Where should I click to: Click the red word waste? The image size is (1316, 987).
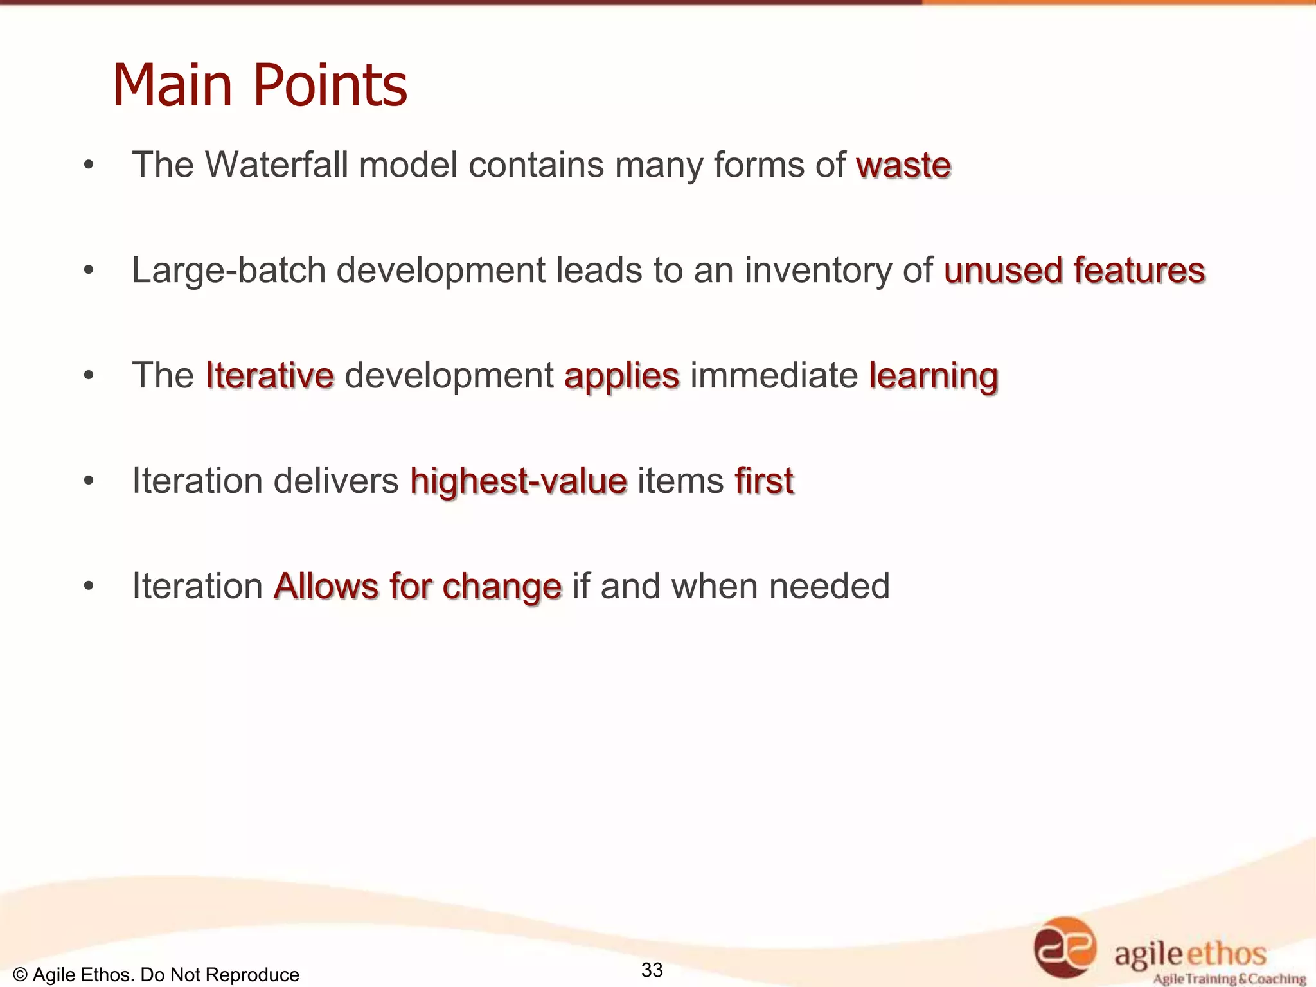903,165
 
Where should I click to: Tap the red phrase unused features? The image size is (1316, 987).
1074,270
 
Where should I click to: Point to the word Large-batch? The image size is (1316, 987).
229,270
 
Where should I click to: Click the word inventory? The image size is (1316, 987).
818,270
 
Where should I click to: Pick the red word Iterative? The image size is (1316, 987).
270,375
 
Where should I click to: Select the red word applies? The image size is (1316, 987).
621,376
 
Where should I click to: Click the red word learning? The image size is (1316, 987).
933,376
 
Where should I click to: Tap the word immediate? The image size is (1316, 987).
774,375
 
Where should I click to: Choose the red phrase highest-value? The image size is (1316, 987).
519,481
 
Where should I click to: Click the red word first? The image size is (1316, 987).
764,481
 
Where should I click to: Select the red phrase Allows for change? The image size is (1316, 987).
418,586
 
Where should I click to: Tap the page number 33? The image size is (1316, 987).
652,970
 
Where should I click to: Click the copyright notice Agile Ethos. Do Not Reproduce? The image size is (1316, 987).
156,975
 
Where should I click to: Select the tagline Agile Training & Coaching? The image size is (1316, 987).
1229,979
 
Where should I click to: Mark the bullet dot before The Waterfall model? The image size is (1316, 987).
89,165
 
